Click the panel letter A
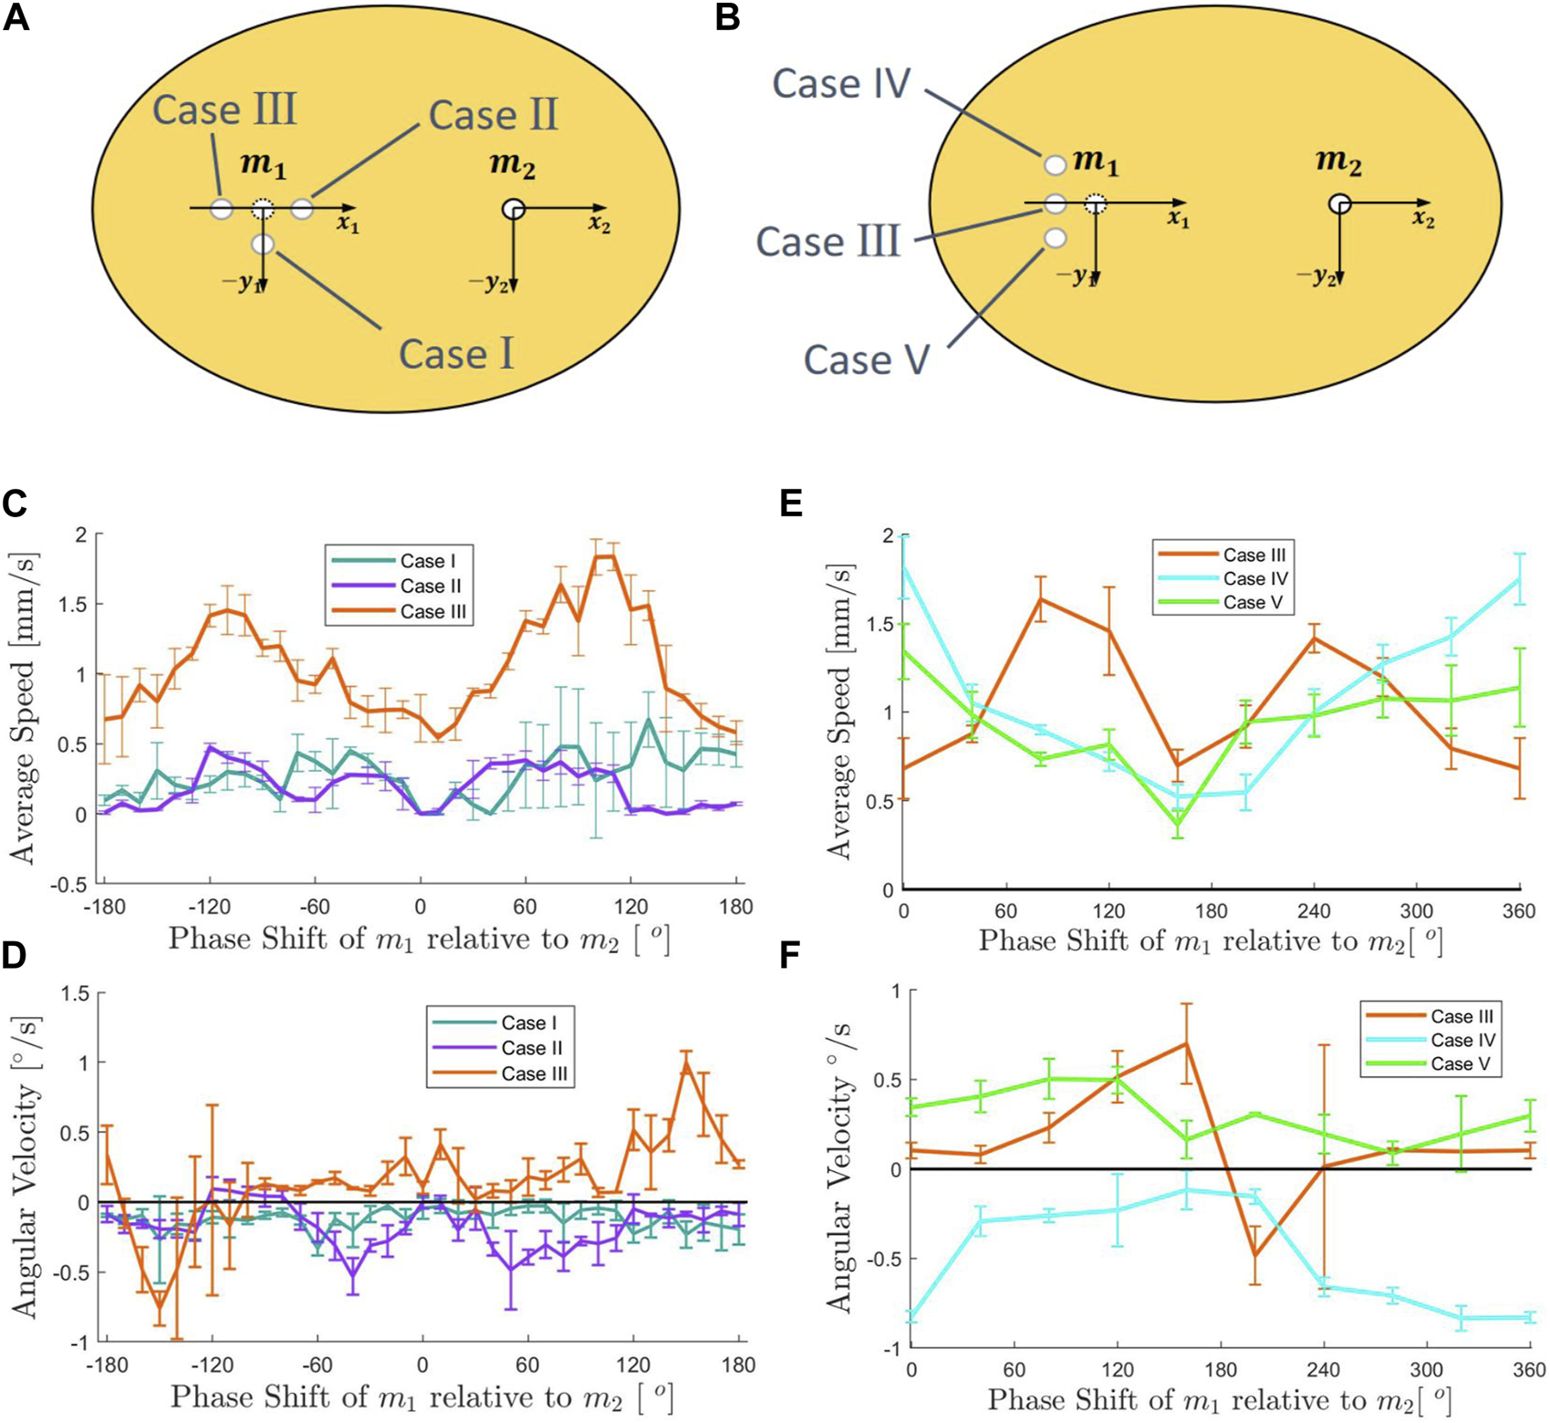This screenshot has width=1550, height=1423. click(16, 17)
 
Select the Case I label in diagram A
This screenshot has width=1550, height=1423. click(456, 353)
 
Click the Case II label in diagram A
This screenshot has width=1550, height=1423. click(493, 115)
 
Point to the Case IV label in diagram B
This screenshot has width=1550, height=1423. click(841, 84)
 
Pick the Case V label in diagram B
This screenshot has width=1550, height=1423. click(866, 359)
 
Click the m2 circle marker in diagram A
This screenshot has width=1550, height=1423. click(513, 209)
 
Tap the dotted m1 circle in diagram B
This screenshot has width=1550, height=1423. click(1095, 203)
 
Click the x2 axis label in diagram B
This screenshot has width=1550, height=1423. click(1423, 220)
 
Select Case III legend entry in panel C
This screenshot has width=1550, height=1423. click(433, 611)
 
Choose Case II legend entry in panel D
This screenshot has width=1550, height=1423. click(531, 1048)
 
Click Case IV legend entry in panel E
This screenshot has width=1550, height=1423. click(1254, 578)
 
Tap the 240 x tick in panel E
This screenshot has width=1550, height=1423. click(1314, 910)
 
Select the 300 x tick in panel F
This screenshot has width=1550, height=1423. click(1427, 1370)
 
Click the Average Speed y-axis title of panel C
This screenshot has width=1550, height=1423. click(23, 708)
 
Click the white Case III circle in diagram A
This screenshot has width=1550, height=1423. click(222, 208)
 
